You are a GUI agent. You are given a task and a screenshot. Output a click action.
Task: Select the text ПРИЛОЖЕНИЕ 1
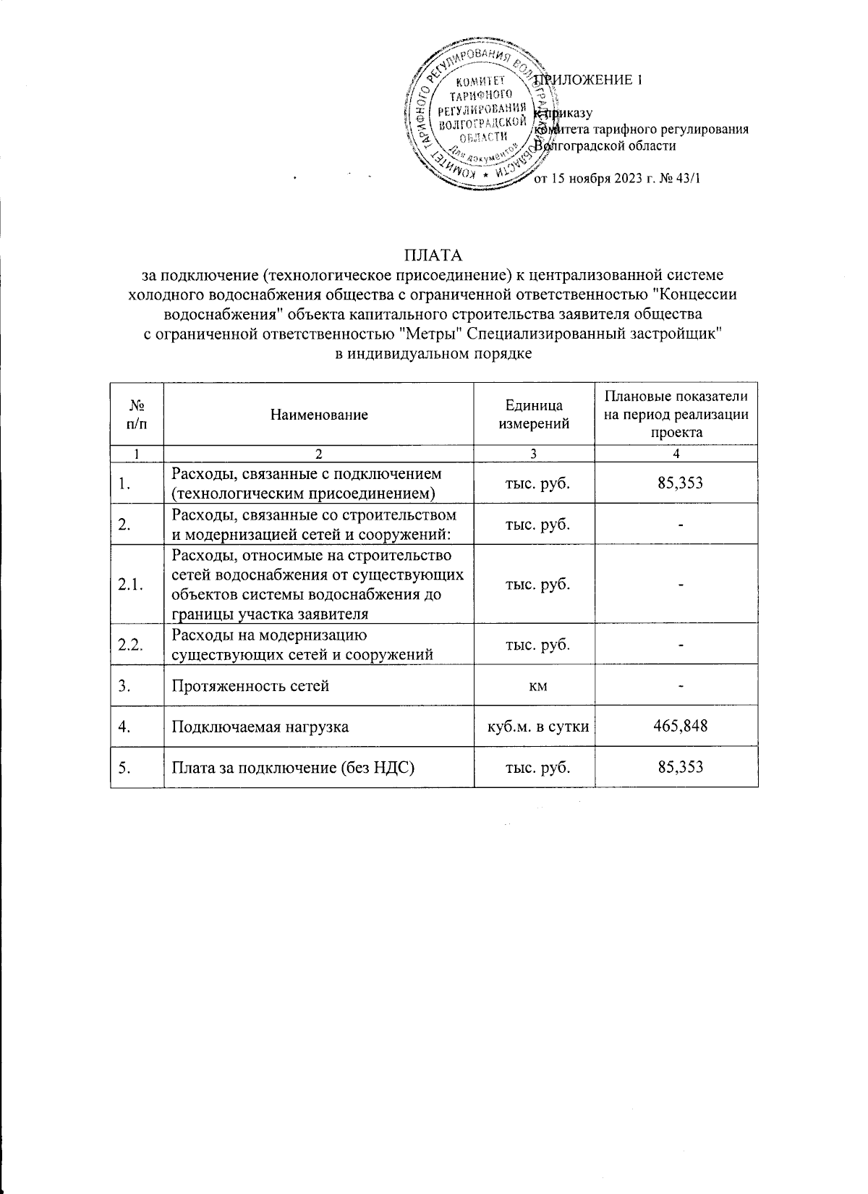click(590, 80)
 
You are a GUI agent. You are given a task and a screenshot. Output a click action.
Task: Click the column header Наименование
click(319, 415)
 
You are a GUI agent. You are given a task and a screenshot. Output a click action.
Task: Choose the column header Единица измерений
click(534, 415)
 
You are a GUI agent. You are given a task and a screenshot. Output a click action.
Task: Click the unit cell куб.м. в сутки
click(534, 726)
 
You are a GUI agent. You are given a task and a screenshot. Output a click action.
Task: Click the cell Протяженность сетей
click(250, 685)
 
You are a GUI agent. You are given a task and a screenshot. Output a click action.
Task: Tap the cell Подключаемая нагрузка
click(260, 726)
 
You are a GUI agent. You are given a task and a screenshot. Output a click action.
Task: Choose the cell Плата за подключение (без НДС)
click(292, 767)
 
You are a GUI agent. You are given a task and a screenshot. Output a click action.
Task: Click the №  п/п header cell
click(137, 415)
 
